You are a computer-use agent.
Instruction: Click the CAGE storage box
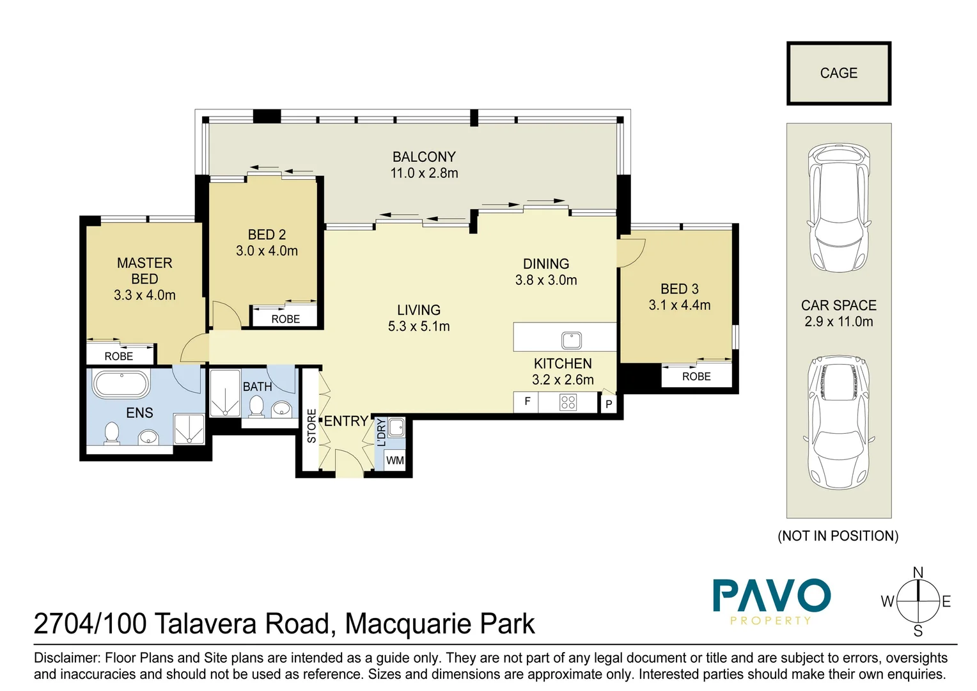(x=838, y=74)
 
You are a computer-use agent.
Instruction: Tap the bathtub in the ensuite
(x=121, y=385)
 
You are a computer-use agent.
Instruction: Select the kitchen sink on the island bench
(x=571, y=339)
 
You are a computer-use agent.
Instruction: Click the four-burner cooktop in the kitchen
(x=568, y=402)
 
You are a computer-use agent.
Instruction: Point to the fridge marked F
(x=527, y=402)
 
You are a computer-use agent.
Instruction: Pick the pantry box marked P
(x=609, y=404)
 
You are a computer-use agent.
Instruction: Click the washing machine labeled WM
(x=395, y=460)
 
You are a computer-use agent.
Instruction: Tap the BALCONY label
(x=424, y=157)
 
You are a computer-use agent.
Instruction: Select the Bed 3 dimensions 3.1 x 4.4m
(x=679, y=305)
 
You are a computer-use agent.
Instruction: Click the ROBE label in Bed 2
(x=285, y=319)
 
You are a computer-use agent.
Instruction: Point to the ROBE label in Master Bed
(x=119, y=356)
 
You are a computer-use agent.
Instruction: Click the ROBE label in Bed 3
(x=696, y=377)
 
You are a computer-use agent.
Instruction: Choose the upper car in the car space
(x=839, y=208)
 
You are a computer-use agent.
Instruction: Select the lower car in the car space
(x=839, y=422)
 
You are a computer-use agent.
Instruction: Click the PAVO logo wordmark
(x=771, y=596)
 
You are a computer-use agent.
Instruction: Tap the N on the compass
(x=918, y=573)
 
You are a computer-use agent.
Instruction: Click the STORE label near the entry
(x=311, y=426)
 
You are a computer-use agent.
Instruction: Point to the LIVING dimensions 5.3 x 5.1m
(x=419, y=326)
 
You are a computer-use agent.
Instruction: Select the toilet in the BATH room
(x=256, y=406)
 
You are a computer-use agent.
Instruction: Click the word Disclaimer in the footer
(x=66, y=658)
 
